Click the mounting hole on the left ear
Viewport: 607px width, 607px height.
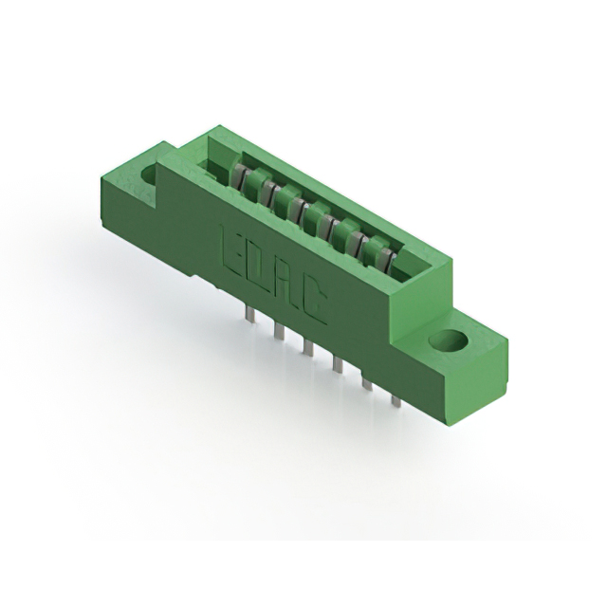click(x=150, y=174)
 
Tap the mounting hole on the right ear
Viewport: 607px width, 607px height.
click(x=449, y=340)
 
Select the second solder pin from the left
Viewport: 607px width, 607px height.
click(x=278, y=330)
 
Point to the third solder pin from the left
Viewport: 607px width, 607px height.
click(x=307, y=347)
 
